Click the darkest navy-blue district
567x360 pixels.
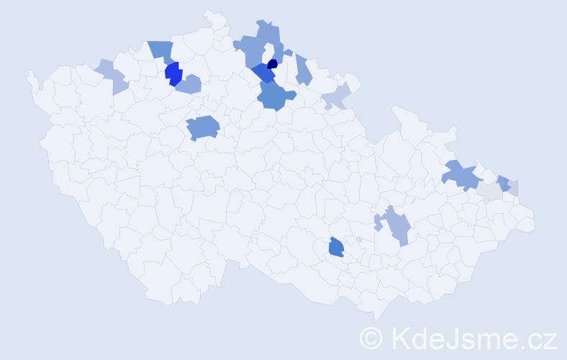[272, 64]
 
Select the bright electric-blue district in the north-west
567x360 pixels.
[173, 73]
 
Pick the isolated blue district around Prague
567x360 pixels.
[204, 127]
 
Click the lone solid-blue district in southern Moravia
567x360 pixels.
[336, 248]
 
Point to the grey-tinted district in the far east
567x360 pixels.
[490, 192]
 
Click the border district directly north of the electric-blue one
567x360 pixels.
[162, 51]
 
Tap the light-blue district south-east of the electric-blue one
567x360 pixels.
[189, 85]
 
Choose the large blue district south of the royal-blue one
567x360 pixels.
[275, 95]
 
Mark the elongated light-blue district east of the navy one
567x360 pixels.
[304, 71]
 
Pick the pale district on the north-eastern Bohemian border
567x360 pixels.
[335, 95]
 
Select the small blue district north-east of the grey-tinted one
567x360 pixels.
[504, 183]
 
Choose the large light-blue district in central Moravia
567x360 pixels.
[397, 226]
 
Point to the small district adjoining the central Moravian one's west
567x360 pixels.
[378, 222]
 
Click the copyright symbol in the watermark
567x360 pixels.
[371, 338]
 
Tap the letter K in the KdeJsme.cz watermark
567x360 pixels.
[398, 338]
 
